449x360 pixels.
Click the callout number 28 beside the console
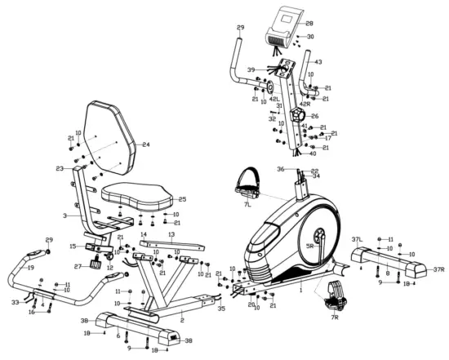coord(309,24)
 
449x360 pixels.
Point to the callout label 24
coord(146,144)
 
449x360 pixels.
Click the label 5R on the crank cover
coord(309,245)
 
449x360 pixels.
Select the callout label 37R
coord(438,270)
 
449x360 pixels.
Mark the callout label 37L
coord(356,239)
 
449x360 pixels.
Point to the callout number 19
coord(30,268)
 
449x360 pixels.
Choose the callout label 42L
coord(275,99)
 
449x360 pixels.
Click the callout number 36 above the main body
coord(279,169)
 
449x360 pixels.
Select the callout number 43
coord(318,62)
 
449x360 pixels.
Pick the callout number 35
coord(220,309)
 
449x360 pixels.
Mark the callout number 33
coord(15,302)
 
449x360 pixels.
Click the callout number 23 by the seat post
coord(60,169)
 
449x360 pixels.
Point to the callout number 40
coord(312,153)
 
